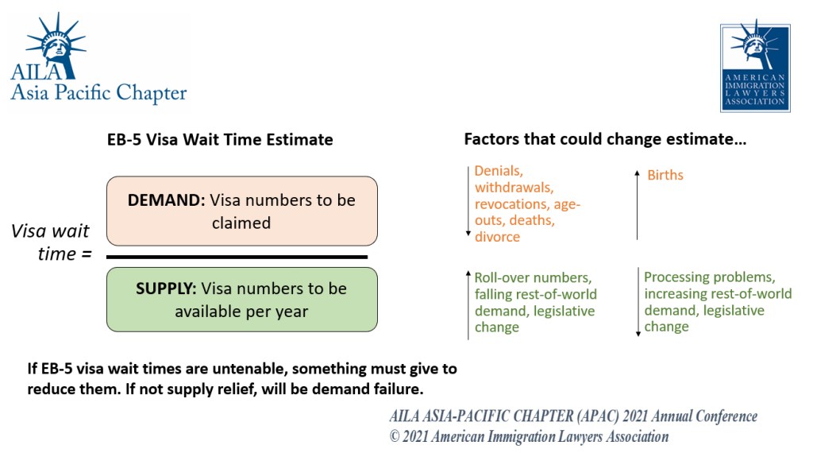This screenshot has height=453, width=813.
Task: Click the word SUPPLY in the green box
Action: point(166,288)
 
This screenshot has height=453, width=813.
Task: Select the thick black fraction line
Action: point(237,257)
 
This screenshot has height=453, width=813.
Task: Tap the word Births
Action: point(665,175)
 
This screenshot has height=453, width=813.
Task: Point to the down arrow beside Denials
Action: point(468,201)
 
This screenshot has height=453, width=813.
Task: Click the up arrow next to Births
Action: point(638,205)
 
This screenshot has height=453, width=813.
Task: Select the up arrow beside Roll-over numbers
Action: point(468,305)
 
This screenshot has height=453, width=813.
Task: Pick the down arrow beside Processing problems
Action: point(638,302)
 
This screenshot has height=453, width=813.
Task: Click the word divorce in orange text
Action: point(497,237)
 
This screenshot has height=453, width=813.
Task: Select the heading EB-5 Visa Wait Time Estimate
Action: point(220,140)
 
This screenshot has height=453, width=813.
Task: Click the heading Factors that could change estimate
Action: point(605,139)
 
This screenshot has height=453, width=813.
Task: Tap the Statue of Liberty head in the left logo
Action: point(56,44)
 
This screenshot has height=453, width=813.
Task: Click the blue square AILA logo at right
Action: point(755,68)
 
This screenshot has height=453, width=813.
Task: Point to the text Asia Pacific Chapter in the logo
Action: point(98,93)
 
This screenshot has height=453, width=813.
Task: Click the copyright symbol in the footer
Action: point(395,436)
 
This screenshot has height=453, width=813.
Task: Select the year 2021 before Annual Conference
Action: point(635,416)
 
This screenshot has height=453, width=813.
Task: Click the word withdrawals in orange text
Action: point(514,188)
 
